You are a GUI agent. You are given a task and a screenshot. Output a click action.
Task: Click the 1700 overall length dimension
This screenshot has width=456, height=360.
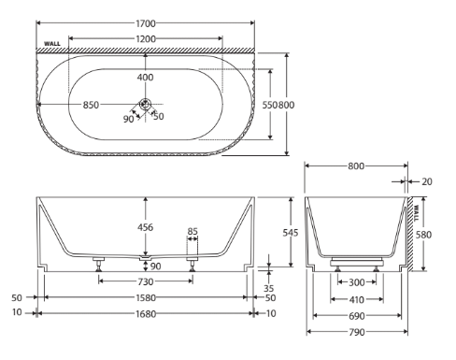pos(146,23)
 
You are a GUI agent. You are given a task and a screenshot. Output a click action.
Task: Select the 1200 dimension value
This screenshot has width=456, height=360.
pos(146,39)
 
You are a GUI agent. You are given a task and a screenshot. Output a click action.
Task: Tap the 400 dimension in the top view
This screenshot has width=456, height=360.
pos(145,77)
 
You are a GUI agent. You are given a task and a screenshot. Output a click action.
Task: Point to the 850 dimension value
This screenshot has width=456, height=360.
pos(91,105)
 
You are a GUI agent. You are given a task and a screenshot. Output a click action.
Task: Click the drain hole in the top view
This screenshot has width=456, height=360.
pos(145,104)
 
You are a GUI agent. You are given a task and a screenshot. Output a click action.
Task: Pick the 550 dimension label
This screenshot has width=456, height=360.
pos(269,105)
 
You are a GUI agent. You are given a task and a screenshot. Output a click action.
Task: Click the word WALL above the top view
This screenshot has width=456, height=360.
pos(52,44)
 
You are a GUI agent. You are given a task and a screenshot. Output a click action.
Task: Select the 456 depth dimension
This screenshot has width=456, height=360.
pos(145,227)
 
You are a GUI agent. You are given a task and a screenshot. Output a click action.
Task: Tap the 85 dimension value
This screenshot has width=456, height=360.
pos(192,232)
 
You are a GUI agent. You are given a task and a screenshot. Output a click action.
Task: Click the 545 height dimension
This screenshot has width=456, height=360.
pos(291,233)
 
